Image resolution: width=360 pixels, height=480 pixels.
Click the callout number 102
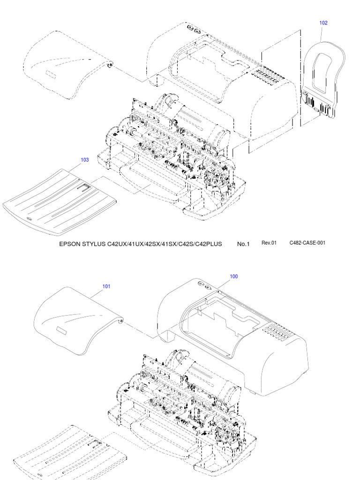[x=323, y=22]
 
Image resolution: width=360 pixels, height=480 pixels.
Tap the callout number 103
[x=84, y=160]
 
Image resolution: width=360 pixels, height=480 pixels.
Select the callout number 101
[x=106, y=286]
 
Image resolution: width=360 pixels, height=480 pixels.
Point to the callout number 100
[x=233, y=277]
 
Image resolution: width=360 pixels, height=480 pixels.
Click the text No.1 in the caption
[x=244, y=244]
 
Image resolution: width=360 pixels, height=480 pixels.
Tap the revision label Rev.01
[x=270, y=243]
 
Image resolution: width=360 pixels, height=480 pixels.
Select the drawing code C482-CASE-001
[x=307, y=243]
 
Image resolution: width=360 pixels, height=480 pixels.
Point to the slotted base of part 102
[x=318, y=104]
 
